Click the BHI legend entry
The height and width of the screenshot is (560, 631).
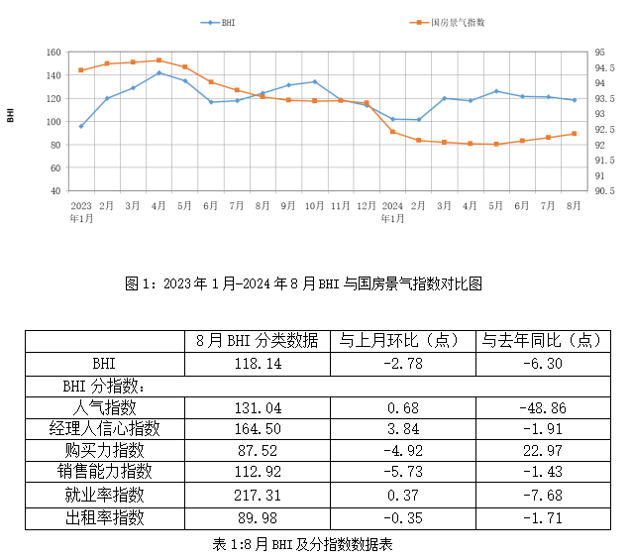(x=220, y=21)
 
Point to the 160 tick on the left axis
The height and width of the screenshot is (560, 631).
(x=53, y=53)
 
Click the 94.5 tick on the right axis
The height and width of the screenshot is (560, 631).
(x=601, y=68)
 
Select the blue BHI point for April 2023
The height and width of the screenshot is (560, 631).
(x=159, y=72)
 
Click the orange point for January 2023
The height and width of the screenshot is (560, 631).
(x=81, y=70)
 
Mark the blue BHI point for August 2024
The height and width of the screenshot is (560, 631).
(x=575, y=100)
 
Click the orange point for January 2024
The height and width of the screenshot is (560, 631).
(x=392, y=132)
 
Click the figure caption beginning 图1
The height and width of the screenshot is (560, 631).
(x=303, y=283)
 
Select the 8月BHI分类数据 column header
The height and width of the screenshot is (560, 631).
(x=257, y=340)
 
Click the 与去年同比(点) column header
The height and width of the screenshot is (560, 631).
(x=541, y=340)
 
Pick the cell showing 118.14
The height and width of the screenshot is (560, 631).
(x=257, y=364)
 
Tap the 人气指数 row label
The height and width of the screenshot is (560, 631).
(x=105, y=407)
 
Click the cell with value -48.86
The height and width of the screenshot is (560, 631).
(x=541, y=407)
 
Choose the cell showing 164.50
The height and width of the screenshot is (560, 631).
(x=257, y=429)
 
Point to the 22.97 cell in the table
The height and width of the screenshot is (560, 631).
(x=541, y=451)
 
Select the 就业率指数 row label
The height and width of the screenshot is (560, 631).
(x=105, y=495)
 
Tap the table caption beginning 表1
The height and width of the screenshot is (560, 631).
(x=303, y=543)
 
